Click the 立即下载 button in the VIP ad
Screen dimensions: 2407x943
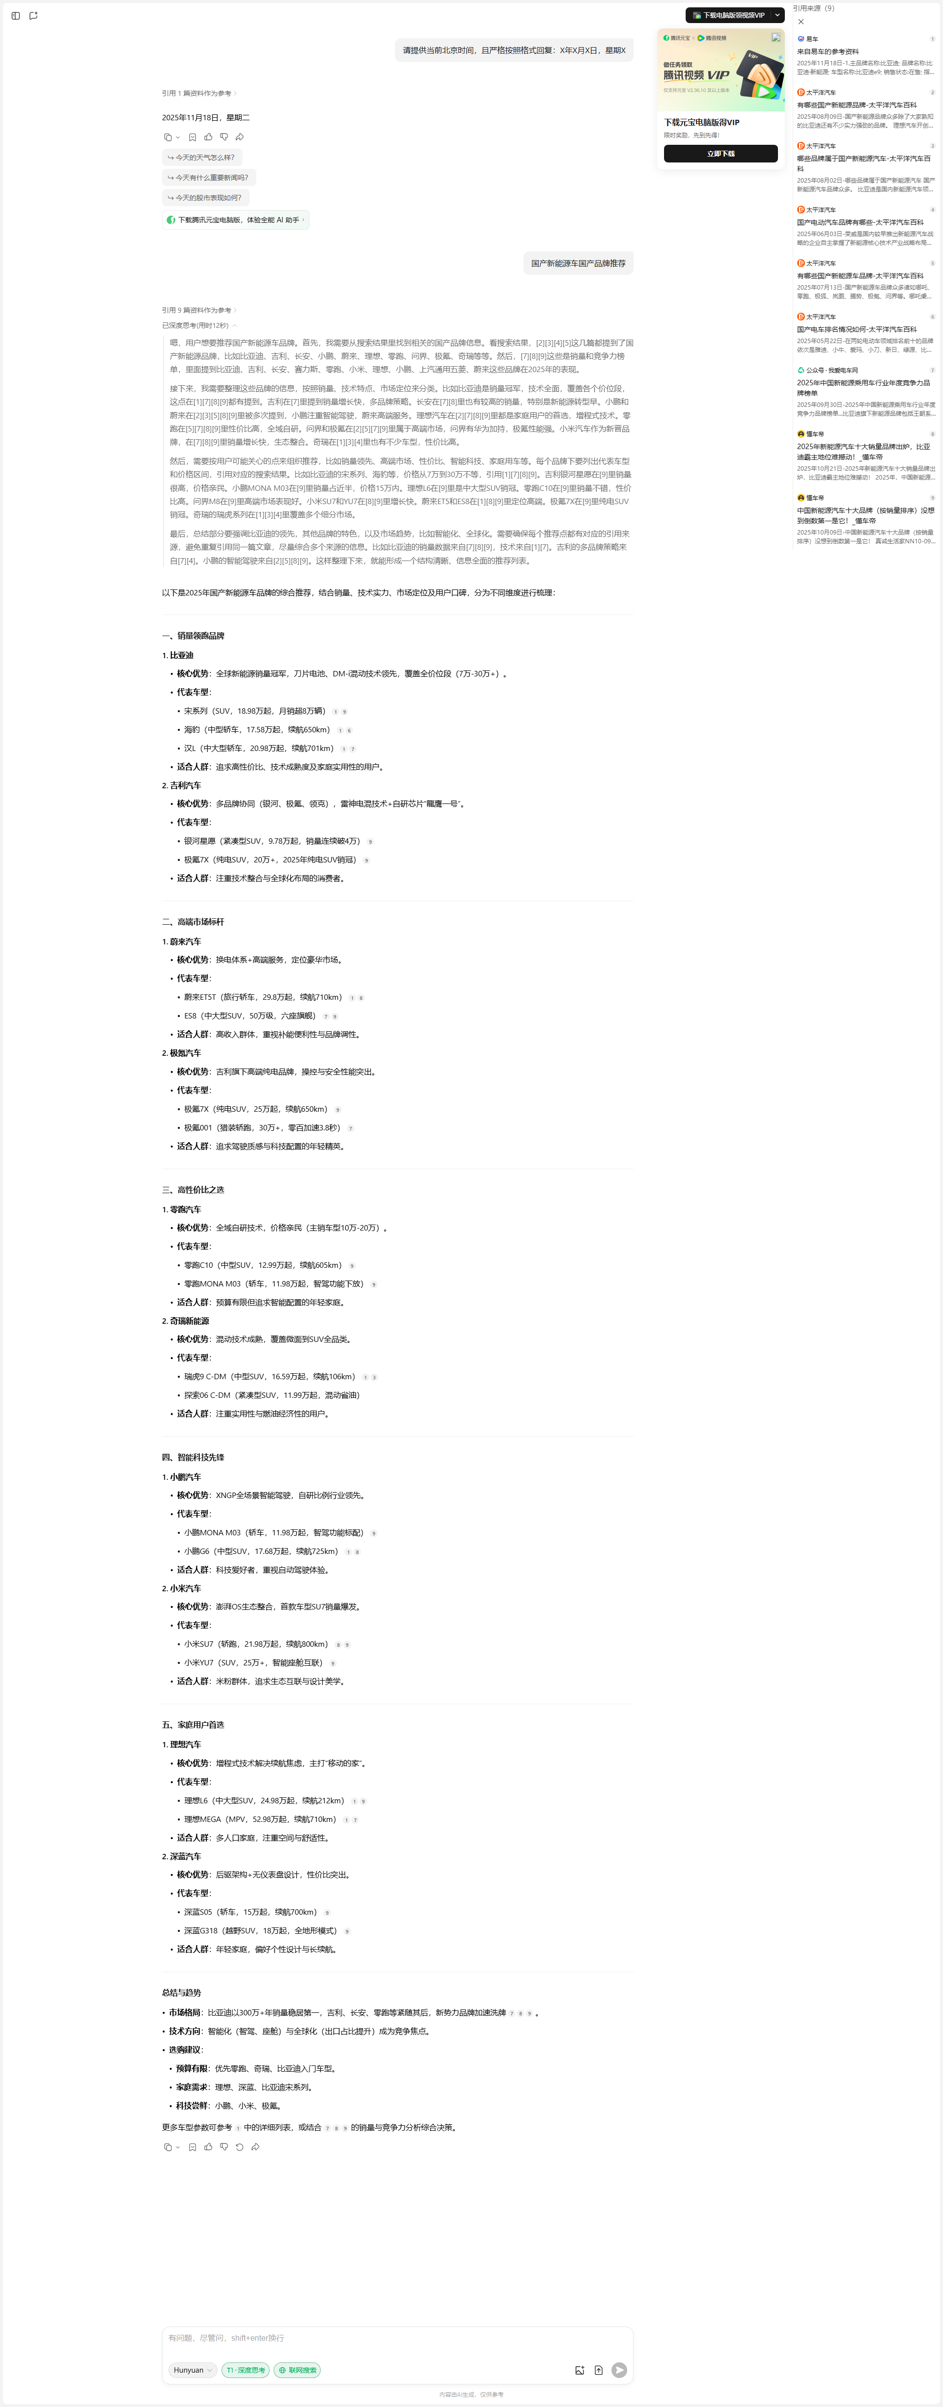721,153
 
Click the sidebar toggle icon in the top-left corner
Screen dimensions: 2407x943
15,16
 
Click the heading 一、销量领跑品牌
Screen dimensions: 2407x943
194,636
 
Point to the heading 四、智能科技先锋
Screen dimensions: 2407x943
194,1457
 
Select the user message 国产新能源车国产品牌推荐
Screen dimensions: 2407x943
579,264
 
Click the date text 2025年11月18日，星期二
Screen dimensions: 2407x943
206,118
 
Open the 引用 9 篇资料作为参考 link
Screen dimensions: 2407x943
198,310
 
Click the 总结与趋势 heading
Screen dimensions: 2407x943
181,1992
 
